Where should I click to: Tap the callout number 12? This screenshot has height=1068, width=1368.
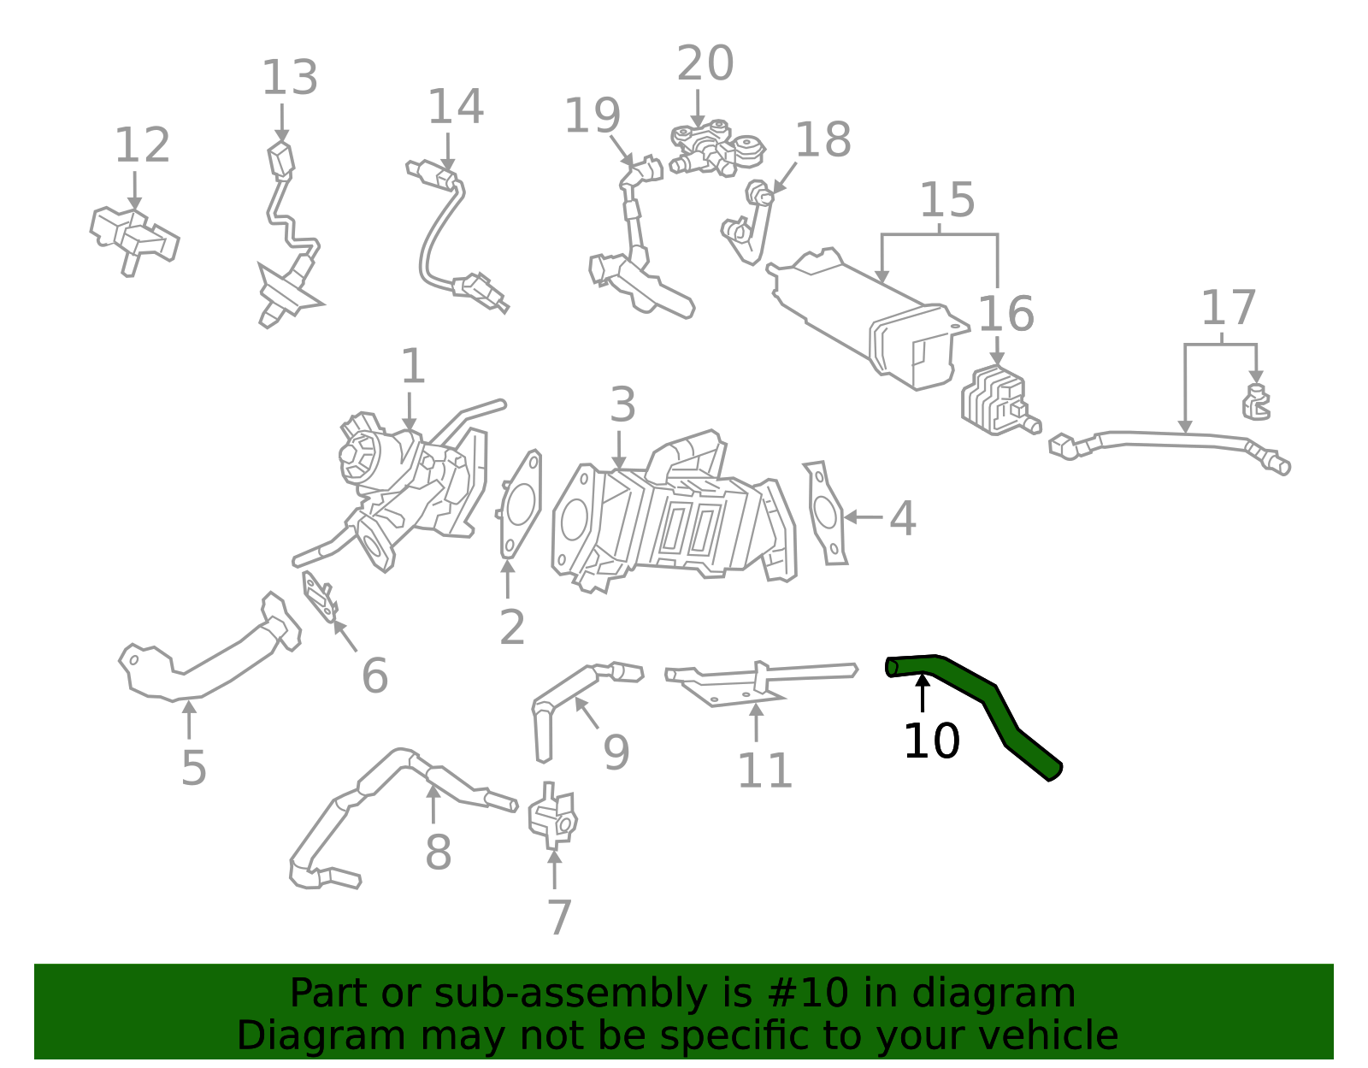(142, 145)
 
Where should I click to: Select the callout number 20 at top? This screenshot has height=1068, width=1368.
(705, 63)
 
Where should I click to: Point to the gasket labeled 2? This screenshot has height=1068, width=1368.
(519, 504)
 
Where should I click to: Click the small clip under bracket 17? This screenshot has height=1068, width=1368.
(1255, 404)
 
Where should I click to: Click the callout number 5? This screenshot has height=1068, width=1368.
(194, 767)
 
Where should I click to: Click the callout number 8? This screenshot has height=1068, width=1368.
(438, 852)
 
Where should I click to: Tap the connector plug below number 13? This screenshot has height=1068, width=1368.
(280, 160)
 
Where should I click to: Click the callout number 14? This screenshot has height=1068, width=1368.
(455, 107)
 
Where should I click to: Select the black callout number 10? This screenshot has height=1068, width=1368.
(931, 741)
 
